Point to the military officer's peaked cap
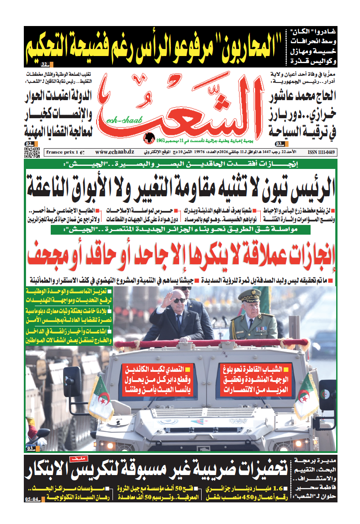click(x=250, y=294)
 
